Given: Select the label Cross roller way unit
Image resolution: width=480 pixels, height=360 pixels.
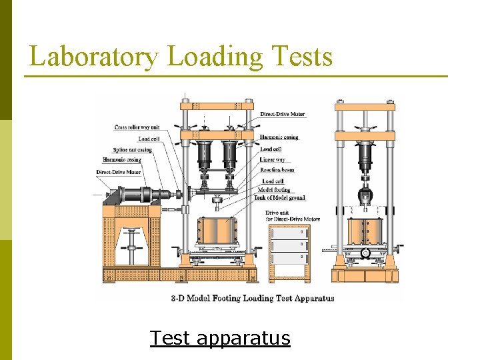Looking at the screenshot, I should (x=137, y=127).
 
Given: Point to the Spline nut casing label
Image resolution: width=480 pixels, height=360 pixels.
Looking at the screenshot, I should (x=132, y=149).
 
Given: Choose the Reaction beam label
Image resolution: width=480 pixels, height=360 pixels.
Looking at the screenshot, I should (x=277, y=170).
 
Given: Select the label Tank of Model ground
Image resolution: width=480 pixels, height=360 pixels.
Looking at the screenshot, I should (x=280, y=198).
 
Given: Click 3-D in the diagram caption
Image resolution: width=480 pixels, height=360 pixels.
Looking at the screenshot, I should (x=177, y=298).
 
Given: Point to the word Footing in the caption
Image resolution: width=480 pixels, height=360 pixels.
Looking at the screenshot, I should (x=227, y=298).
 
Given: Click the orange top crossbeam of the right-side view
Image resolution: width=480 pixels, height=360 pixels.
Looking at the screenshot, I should (x=365, y=106).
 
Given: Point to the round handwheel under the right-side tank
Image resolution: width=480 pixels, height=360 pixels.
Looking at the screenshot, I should (x=365, y=253).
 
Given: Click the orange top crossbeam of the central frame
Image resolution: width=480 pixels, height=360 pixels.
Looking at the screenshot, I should (x=217, y=106).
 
